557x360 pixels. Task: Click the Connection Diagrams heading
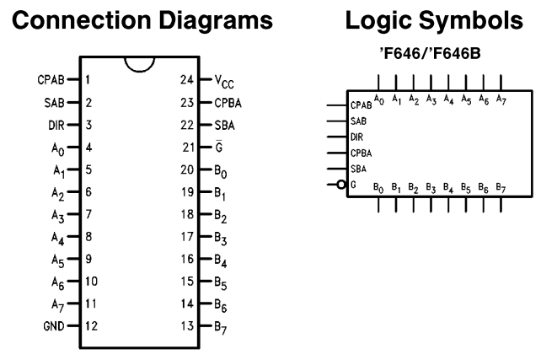click(x=142, y=21)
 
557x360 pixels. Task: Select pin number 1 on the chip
click(x=88, y=80)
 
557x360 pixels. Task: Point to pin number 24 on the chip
click(x=187, y=80)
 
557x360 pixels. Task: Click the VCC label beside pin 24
click(x=224, y=81)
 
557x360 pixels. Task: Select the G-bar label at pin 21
click(x=218, y=147)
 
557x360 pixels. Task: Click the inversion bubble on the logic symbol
click(x=341, y=185)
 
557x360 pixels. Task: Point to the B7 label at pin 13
click(x=221, y=326)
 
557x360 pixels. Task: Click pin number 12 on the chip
click(x=91, y=325)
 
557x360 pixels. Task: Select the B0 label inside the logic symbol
click(x=378, y=186)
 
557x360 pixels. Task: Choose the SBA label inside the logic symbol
click(x=357, y=169)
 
